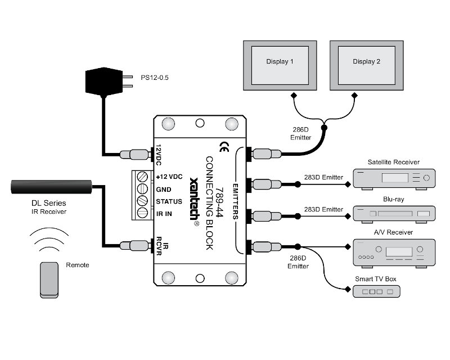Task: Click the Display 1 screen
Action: click(280, 65)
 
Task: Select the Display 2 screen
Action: click(367, 65)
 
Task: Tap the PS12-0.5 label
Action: click(154, 78)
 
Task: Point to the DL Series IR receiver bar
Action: click(51, 187)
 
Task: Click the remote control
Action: click(49, 280)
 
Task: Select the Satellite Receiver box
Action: click(394, 179)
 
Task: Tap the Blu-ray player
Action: click(394, 214)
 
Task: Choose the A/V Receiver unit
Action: click(394, 253)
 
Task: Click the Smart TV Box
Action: click(376, 291)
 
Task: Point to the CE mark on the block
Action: click(224, 147)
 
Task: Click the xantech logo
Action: click(195, 201)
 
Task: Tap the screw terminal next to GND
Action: click(143, 188)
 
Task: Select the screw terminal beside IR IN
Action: click(143, 213)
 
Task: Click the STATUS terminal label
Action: click(169, 201)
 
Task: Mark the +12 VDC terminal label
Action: click(169, 177)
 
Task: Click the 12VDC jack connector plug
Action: click(136, 155)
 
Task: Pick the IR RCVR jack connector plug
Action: click(136, 245)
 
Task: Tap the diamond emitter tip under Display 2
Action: click(355, 95)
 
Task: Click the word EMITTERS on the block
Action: click(235, 201)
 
